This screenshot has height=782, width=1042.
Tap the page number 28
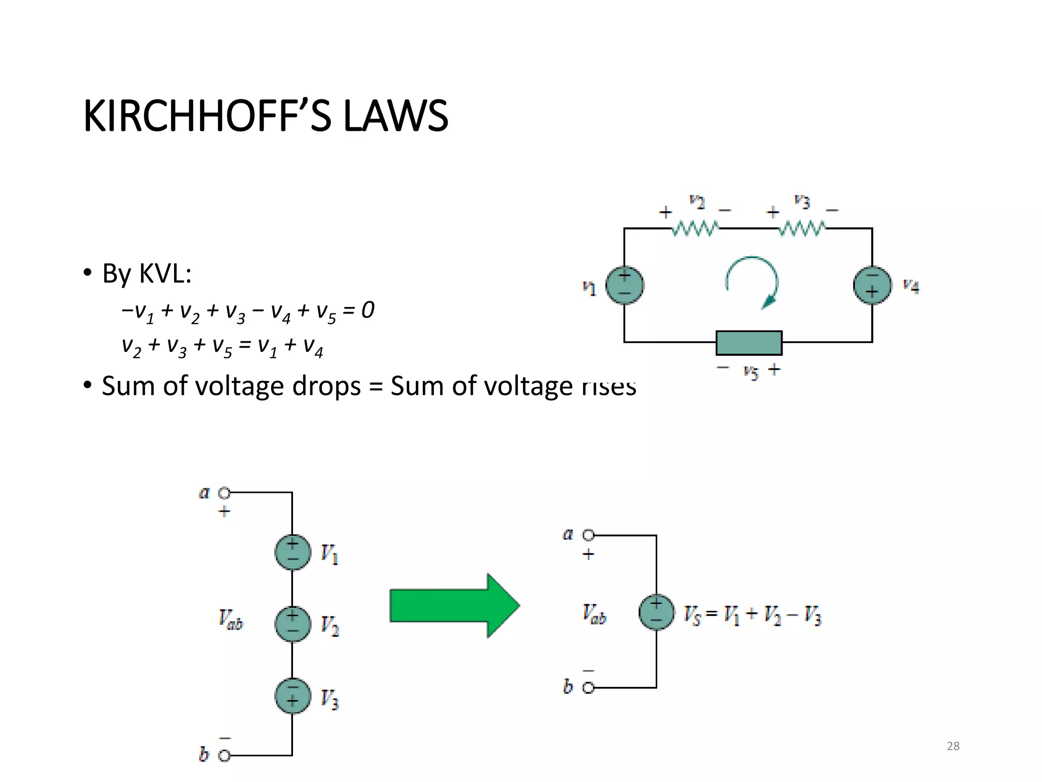click(x=953, y=746)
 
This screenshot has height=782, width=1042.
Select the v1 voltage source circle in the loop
click(x=624, y=285)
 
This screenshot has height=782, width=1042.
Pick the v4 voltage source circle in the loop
click(x=872, y=285)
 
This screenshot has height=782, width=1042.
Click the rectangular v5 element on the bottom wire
click(x=749, y=343)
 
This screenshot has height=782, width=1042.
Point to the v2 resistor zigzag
click(x=695, y=229)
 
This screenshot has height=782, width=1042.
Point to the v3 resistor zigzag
click(x=802, y=229)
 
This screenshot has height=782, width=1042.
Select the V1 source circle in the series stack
click(x=293, y=552)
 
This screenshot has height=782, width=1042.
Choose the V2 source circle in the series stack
click(x=293, y=624)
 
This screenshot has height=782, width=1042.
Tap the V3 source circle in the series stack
click(x=293, y=695)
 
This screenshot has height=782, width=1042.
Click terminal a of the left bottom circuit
click(x=224, y=493)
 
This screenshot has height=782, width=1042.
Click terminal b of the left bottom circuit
click(x=224, y=756)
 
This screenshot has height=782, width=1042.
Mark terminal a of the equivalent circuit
click(x=588, y=535)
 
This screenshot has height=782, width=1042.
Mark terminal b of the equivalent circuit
click(x=588, y=688)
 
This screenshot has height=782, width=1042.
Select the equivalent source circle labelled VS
click(x=656, y=612)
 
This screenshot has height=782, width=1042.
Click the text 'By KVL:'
click(x=147, y=273)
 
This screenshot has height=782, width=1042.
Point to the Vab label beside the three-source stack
click(x=231, y=619)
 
